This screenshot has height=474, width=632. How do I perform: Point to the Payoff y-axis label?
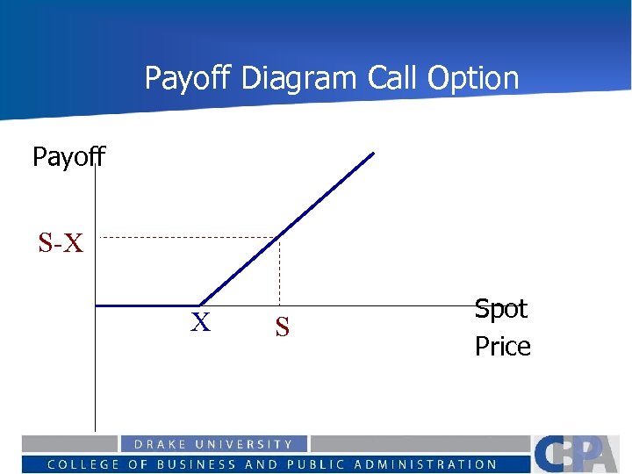click(x=68, y=157)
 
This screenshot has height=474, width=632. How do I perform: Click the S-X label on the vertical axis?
click(x=61, y=243)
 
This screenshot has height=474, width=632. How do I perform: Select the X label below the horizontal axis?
click(x=201, y=323)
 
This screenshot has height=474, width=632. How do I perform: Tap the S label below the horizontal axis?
click(x=282, y=328)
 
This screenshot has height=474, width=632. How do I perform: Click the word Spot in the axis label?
click(x=501, y=309)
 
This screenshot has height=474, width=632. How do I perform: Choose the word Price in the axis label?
click(x=503, y=347)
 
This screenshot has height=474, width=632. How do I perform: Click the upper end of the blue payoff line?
click(x=372, y=154)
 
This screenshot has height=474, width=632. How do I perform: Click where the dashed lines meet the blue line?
click(x=279, y=237)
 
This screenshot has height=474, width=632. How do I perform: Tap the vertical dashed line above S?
click(x=279, y=272)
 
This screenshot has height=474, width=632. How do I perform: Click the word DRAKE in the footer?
click(x=162, y=445)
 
